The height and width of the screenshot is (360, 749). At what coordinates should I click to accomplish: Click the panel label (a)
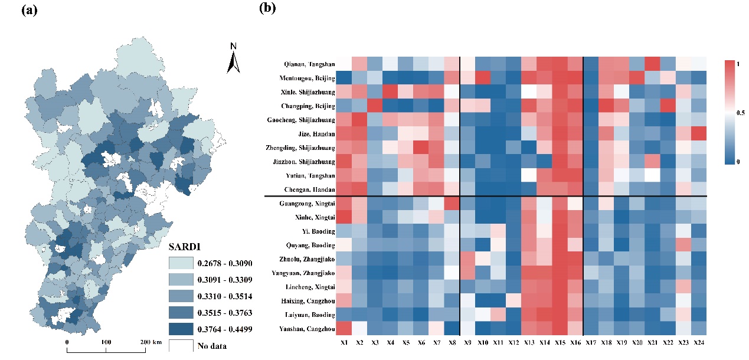(30, 9)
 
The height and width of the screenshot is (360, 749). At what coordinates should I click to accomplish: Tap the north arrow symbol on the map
(234, 59)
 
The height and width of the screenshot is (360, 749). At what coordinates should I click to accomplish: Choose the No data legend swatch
(182, 346)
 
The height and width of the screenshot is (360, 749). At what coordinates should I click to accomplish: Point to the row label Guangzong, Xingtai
(308, 204)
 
